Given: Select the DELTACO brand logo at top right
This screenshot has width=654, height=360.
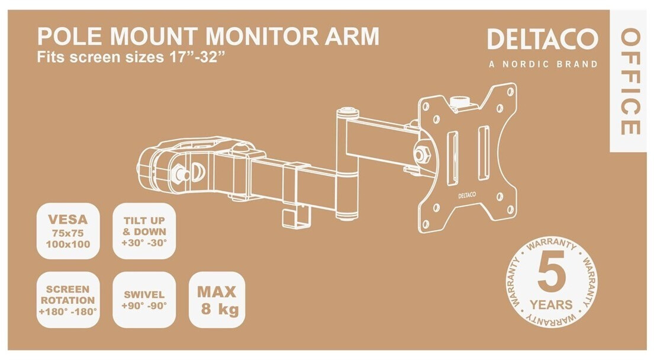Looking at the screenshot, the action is click(x=542, y=40).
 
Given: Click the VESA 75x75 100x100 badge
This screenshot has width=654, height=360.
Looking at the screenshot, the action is click(x=67, y=232).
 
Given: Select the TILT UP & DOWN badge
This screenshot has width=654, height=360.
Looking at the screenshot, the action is click(x=145, y=232).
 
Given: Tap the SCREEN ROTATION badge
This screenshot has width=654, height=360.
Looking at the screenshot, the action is click(x=67, y=300).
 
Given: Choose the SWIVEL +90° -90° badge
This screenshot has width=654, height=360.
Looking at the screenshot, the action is click(x=144, y=300).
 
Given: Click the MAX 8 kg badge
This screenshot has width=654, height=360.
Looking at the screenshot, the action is click(x=217, y=300).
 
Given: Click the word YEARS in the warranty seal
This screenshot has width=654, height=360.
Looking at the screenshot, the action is click(x=552, y=305).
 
